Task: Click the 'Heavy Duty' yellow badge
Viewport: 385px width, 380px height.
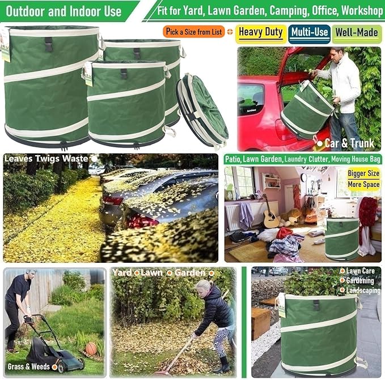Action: click(261, 32)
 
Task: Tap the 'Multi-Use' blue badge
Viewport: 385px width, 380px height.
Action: click(309, 32)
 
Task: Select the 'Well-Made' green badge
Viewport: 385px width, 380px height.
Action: click(357, 32)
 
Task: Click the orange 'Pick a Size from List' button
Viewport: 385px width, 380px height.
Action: click(194, 32)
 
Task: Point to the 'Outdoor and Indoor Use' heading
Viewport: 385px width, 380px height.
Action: click(66, 11)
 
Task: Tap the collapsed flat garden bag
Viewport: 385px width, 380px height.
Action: click(202, 111)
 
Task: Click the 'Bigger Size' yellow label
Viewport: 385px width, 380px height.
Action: click(363, 173)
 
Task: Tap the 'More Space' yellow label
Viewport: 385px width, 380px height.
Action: click(363, 184)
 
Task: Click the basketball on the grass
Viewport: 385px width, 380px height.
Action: click(91, 348)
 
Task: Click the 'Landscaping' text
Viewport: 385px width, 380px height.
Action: click(363, 290)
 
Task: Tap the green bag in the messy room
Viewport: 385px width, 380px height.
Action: click(341, 238)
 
